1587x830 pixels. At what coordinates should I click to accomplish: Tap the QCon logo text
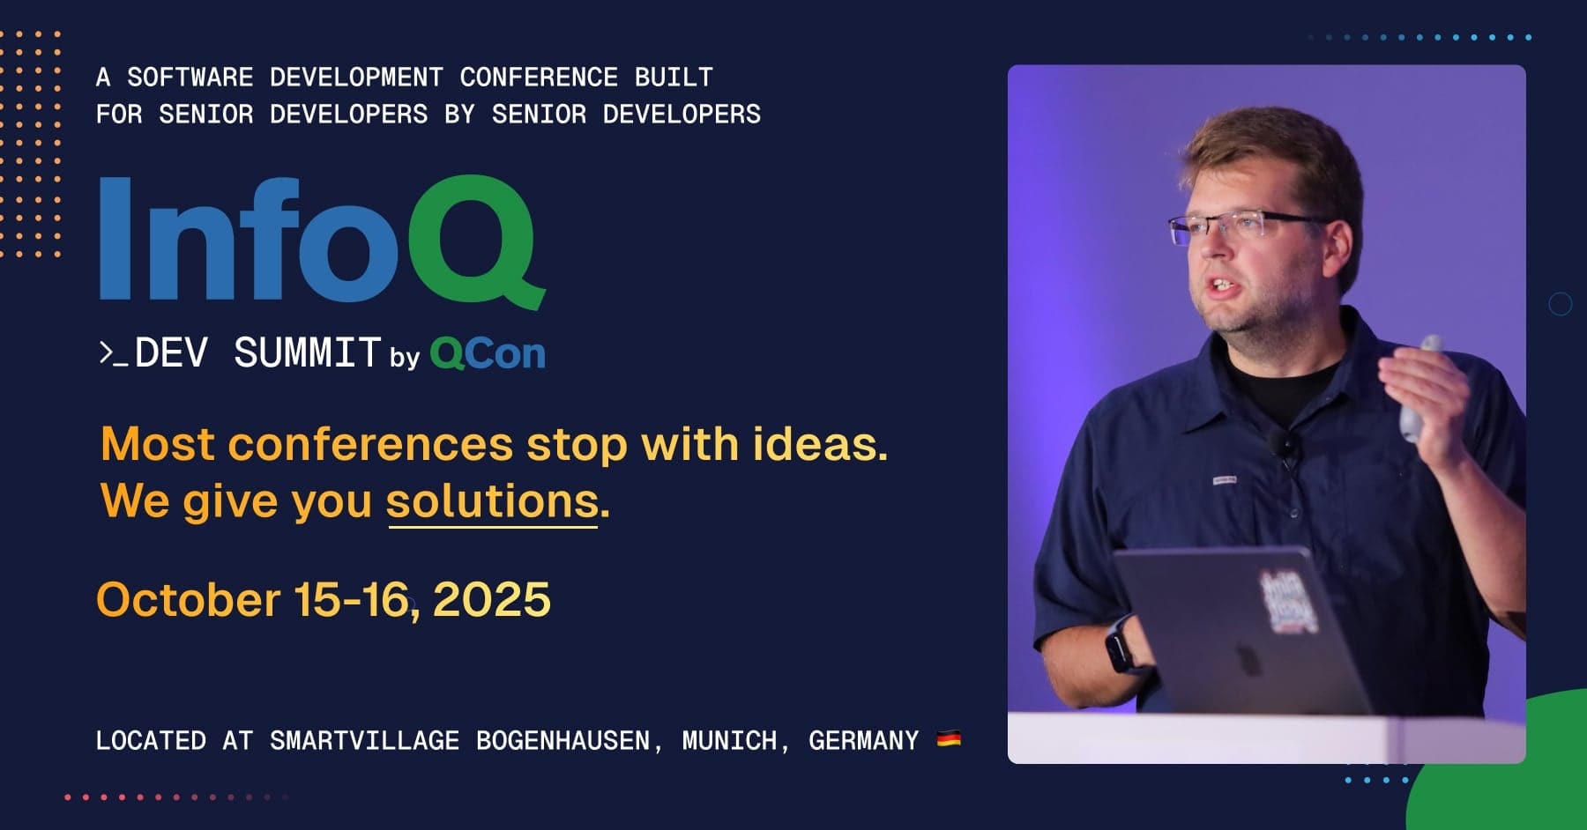pos(488,353)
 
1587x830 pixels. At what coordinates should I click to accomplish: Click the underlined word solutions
pos(493,501)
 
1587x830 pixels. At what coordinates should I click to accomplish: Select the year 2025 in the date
pos(492,600)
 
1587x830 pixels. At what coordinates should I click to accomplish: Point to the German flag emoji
pos(949,738)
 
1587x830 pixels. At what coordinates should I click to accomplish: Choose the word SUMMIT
pos(307,353)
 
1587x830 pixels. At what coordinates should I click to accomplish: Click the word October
pos(188,600)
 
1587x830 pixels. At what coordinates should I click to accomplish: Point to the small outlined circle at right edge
pos(1561,304)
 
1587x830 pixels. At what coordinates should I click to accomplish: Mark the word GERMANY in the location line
pos(864,740)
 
